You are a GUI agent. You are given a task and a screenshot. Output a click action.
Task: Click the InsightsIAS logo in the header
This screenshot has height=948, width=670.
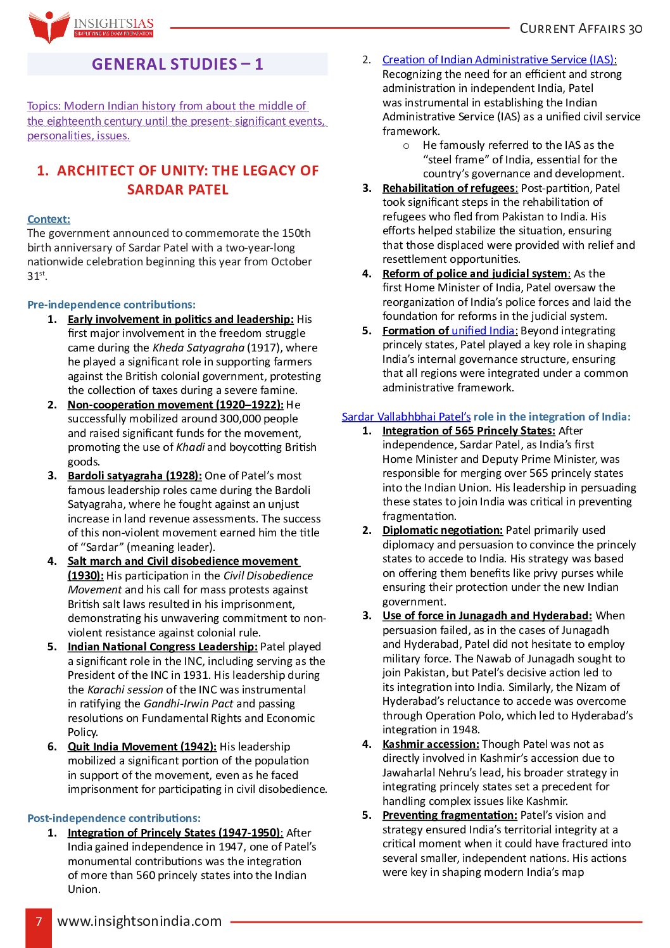(91, 27)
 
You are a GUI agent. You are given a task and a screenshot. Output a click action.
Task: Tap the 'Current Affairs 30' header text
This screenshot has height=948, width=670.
(581, 28)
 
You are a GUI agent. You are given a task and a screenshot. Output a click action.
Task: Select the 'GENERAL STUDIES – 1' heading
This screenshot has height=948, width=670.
(177, 64)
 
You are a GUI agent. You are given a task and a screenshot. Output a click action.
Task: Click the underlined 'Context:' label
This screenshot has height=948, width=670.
(49, 219)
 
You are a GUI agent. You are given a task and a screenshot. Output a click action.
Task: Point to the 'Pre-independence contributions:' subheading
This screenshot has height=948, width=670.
(111, 305)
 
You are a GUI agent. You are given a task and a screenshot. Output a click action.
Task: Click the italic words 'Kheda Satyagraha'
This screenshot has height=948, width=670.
(198, 348)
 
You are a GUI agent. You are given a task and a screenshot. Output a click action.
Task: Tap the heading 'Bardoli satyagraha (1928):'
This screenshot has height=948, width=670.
(135, 476)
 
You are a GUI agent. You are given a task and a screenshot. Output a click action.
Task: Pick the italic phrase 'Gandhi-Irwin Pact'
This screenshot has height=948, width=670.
(188, 704)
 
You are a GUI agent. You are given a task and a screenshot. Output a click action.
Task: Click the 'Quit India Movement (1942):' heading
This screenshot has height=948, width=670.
(142, 747)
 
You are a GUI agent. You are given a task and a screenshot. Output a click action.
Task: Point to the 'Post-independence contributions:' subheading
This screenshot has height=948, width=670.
(114, 818)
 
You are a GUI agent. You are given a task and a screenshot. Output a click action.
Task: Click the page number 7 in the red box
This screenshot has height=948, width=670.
(39, 921)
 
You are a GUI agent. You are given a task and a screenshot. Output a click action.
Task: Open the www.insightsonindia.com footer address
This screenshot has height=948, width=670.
(139, 921)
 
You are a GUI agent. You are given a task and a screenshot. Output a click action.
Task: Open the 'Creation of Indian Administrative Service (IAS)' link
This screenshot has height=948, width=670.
(498, 60)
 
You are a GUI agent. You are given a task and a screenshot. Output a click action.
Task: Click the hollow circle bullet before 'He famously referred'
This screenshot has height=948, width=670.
(407, 146)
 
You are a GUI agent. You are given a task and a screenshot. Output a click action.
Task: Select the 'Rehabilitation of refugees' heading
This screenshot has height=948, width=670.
(450, 188)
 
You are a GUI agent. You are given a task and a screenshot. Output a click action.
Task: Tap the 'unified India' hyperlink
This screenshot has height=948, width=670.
(484, 331)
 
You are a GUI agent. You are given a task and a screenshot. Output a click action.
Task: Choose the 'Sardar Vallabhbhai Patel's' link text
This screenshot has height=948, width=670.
(406, 417)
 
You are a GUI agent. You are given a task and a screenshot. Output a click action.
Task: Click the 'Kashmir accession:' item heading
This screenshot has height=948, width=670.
(431, 744)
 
